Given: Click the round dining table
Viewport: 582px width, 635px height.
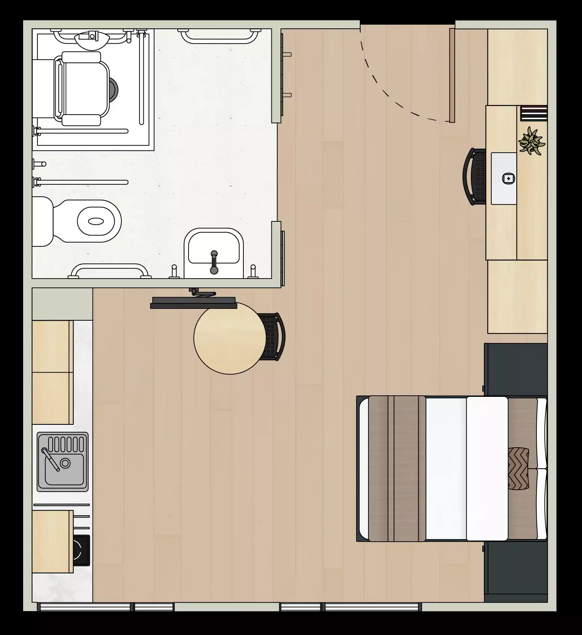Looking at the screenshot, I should pyautogui.click(x=230, y=338).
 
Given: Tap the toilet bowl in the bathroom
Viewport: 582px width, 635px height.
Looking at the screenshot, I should pyautogui.click(x=96, y=221).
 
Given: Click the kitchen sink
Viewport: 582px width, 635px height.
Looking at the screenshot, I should pyautogui.click(x=63, y=462).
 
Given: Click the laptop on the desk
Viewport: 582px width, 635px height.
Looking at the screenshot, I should pyautogui.click(x=504, y=178).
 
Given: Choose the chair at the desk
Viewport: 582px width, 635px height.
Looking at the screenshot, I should pyautogui.click(x=474, y=176).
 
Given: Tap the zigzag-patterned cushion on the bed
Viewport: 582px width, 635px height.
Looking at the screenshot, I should pyautogui.click(x=518, y=468).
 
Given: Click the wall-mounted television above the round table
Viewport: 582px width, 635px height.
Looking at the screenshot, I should pyautogui.click(x=193, y=303).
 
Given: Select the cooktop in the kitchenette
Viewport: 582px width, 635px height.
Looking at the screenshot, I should pyautogui.click(x=81, y=550).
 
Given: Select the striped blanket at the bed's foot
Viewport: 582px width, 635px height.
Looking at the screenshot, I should pyautogui.click(x=397, y=469).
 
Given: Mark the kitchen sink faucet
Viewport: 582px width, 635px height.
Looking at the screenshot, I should pyautogui.click(x=50, y=459).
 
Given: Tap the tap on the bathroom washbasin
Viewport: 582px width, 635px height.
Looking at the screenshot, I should pyautogui.click(x=214, y=261).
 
